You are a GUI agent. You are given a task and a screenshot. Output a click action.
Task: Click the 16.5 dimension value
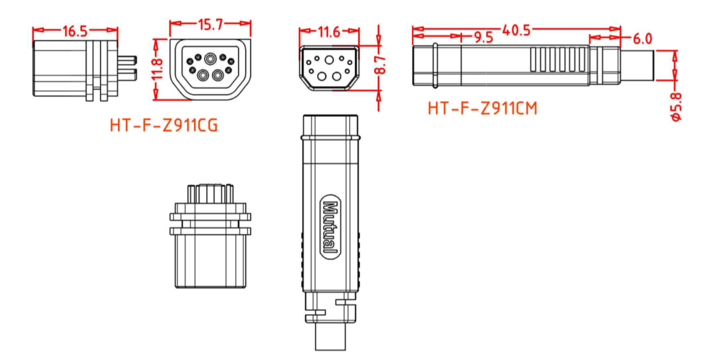pos(74,31)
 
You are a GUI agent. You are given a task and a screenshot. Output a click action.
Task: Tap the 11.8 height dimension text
pos(158,69)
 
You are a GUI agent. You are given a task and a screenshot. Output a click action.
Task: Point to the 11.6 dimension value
pos(329,32)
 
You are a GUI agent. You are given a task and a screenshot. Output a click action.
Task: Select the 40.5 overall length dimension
pos(515,29)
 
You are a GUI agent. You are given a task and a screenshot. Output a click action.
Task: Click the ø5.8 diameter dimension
pos(676,107)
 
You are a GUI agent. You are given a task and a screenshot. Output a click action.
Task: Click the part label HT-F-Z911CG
pos(164,126)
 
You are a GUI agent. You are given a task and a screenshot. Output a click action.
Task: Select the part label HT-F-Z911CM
pos(482,108)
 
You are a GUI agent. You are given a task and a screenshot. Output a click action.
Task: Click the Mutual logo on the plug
pos(330,227)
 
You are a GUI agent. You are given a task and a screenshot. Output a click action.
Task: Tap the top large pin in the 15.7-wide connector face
pos(211,59)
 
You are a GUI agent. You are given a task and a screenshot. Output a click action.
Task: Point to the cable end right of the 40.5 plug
pos(637,65)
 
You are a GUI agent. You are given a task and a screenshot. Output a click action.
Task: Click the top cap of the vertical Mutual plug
pos(330,125)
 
